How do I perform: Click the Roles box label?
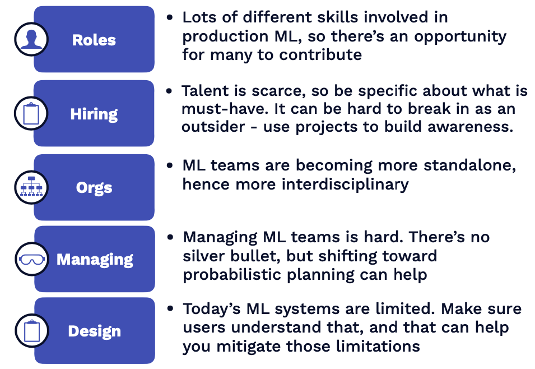coord(94,40)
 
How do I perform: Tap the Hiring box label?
coord(94,114)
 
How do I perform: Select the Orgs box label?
coord(94,188)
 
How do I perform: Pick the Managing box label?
coord(95,260)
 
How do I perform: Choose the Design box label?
coord(95,331)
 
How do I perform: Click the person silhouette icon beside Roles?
coord(31,39)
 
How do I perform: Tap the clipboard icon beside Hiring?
coord(31,113)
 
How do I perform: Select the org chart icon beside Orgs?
coord(31,187)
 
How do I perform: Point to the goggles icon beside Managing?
coord(32,259)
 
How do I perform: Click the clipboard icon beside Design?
coord(32,331)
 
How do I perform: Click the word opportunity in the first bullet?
coord(460,37)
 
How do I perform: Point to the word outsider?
coord(213,127)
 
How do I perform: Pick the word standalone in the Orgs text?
coord(470,165)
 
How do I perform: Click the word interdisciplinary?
coord(345,184)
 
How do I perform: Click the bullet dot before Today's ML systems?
coord(170,308)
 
